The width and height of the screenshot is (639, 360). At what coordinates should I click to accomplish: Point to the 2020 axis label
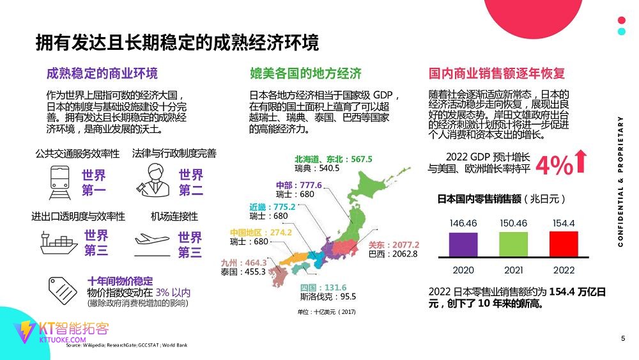(464, 270)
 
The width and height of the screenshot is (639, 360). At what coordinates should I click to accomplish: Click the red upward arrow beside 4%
(581, 161)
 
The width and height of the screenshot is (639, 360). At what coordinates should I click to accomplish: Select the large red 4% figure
(553, 166)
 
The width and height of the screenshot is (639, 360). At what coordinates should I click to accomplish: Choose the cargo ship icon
(58, 242)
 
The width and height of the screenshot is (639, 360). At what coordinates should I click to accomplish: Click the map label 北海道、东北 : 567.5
(333, 159)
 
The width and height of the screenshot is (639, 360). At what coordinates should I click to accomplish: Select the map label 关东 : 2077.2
(394, 245)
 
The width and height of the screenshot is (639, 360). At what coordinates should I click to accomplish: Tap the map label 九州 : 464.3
(243, 262)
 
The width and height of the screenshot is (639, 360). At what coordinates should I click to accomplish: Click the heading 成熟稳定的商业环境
(102, 73)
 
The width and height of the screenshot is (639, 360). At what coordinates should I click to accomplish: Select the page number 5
(623, 338)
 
